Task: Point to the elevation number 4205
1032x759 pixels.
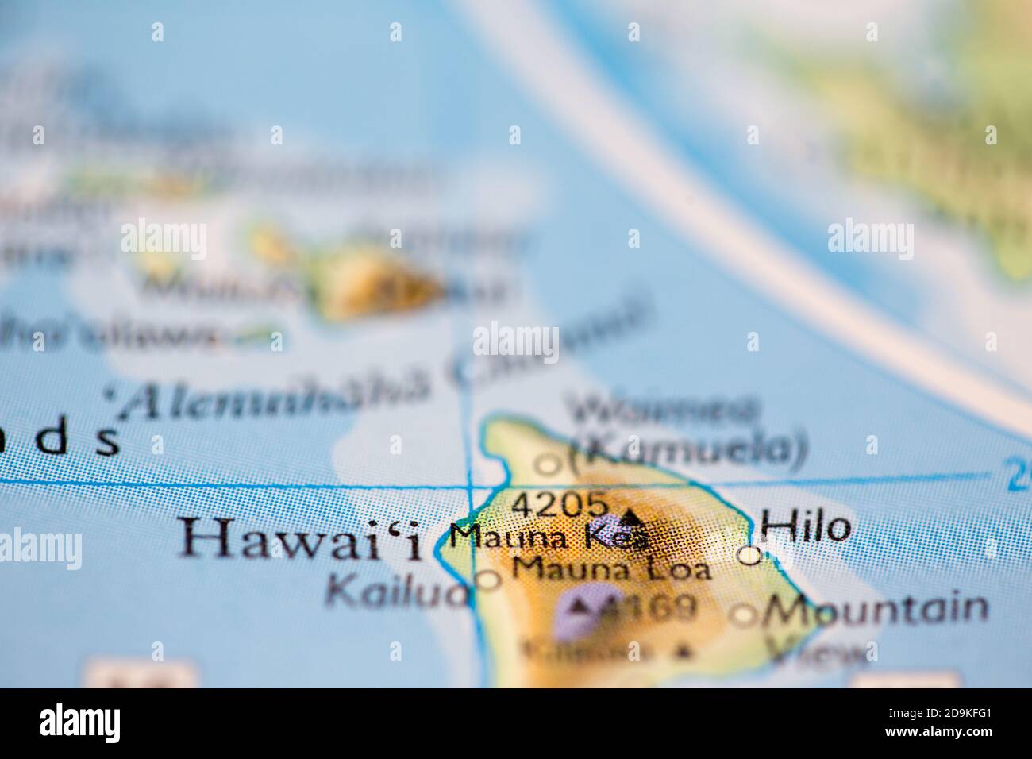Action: (x=560, y=503)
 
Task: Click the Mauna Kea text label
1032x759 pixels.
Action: (x=548, y=537)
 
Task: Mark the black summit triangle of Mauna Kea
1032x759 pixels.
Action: (x=632, y=518)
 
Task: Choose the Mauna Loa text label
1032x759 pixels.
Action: (x=611, y=568)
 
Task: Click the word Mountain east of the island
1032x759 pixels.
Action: (x=876, y=610)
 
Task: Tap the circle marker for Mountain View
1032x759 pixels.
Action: (x=745, y=614)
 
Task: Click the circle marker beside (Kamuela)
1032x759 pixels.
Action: (x=549, y=463)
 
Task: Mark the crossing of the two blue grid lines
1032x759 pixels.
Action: (x=470, y=484)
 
